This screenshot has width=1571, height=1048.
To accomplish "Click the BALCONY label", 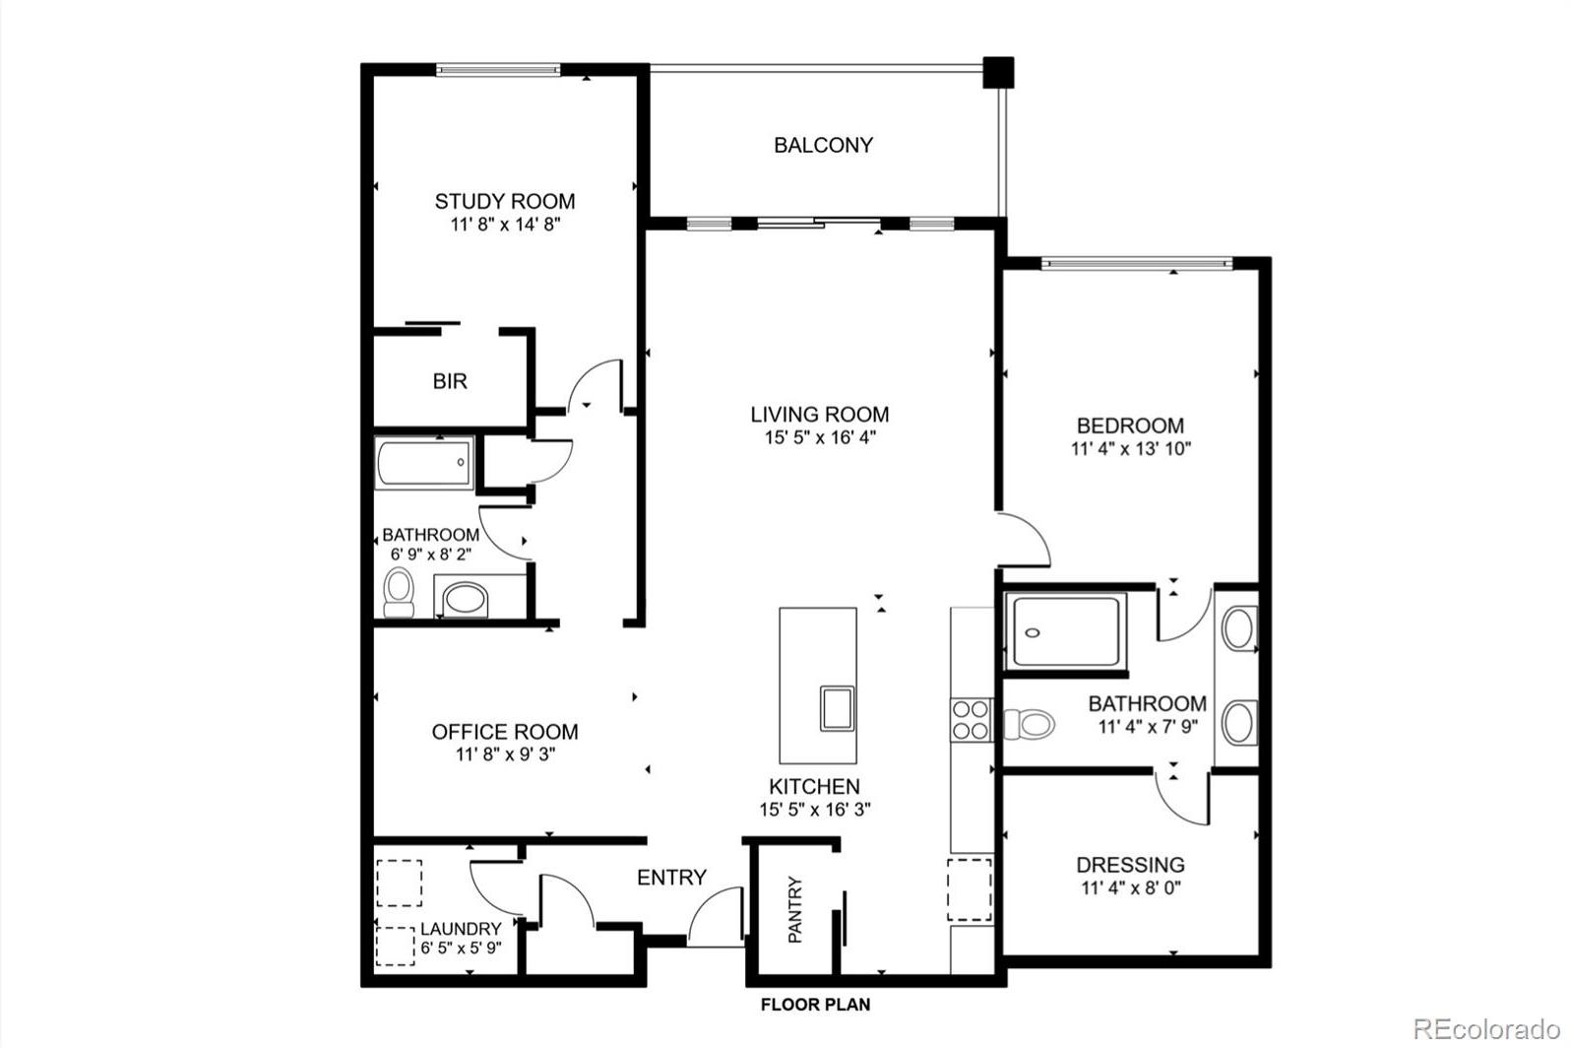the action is point(823,146).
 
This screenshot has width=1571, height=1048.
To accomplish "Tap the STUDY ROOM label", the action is point(505,202).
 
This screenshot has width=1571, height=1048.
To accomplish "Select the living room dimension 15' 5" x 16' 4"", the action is point(820,438).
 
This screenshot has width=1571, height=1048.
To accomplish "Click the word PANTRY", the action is point(794,909).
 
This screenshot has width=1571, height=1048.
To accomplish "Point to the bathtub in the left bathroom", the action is point(424,462).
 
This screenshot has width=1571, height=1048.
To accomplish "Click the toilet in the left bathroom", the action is point(399,592).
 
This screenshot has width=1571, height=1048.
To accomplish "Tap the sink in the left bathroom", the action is point(466,599).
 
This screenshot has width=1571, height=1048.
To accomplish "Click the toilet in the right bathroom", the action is point(1029,724).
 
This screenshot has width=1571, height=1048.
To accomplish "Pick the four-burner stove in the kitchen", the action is point(972,720).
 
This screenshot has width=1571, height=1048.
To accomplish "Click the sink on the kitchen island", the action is point(838,709).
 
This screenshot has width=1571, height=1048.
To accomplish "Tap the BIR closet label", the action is point(450,381).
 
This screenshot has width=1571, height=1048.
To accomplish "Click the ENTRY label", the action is point(671,878).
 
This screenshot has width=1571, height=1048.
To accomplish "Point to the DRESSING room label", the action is point(1131,865).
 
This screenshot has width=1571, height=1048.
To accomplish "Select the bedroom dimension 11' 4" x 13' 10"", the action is point(1131,449).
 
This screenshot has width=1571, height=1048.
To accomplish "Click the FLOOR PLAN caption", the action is point(816,1006).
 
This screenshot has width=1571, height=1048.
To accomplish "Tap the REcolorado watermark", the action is point(1485,1029).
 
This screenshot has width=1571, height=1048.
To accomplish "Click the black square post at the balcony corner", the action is point(999,72).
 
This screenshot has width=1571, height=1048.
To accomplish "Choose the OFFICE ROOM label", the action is point(505,732).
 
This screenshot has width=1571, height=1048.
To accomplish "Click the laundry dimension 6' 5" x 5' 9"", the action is point(461,949).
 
